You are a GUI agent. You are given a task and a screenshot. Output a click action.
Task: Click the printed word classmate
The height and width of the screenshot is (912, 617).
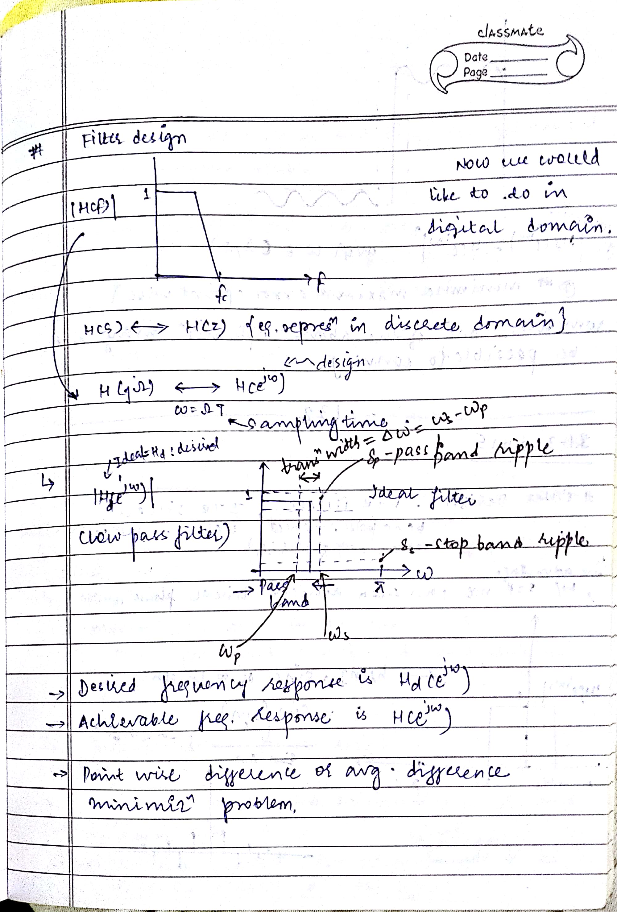tap(510, 31)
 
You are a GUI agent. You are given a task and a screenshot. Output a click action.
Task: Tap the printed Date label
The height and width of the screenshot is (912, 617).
tap(476, 57)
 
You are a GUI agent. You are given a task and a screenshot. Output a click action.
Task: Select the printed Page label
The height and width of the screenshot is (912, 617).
tap(475, 72)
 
